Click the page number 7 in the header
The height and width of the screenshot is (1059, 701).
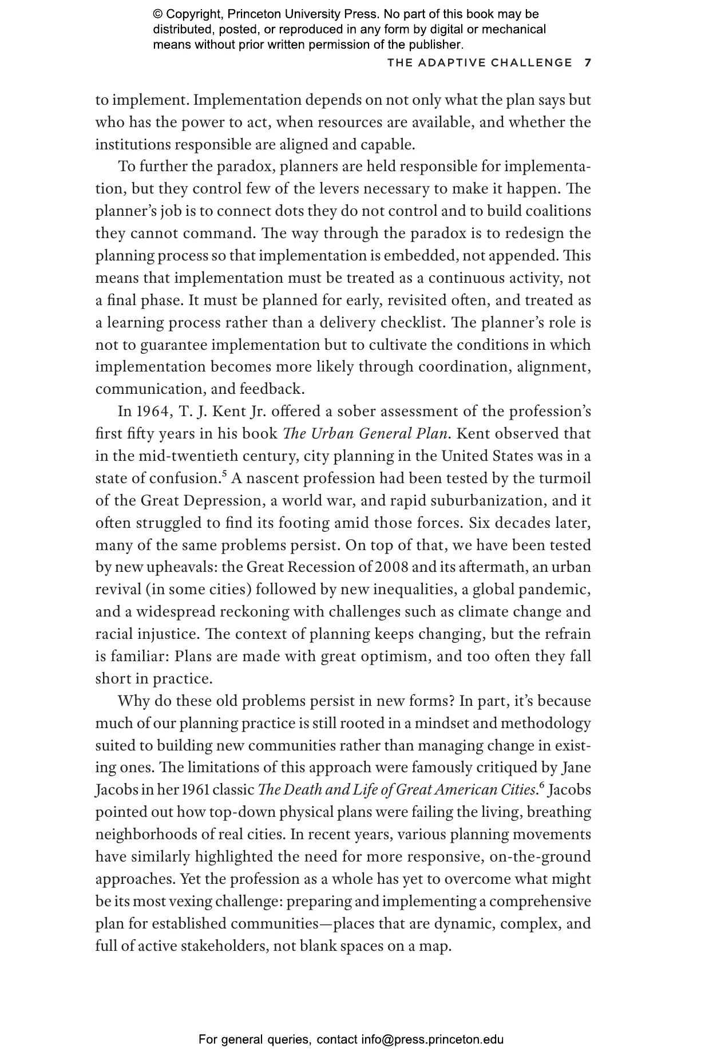[588, 63]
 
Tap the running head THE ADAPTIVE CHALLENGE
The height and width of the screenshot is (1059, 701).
[480, 63]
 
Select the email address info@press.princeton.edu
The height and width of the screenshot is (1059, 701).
[432, 1039]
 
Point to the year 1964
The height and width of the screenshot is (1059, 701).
[149, 412]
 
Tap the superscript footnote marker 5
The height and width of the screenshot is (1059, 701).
[224, 473]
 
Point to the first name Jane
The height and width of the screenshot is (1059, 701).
[576, 768]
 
